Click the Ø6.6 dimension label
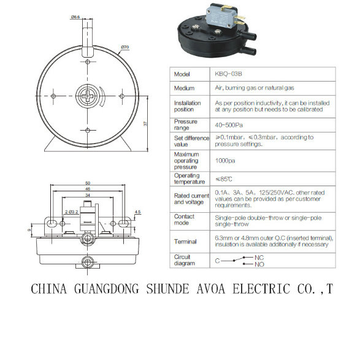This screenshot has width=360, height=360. tap(75, 17)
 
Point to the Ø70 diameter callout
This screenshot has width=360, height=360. tap(125, 47)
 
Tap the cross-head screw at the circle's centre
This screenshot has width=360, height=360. tap(88, 96)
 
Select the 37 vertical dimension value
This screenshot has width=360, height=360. tap(145, 123)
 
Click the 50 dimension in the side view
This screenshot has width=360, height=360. tap(88, 183)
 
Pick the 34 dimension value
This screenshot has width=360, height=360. tap(88, 195)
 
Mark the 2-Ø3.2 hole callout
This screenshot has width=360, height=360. tap(72, 212)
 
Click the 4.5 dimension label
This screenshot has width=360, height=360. tap(137, 212)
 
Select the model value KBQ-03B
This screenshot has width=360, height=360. tap(228, 74)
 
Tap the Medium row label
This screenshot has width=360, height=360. tap(184, 88)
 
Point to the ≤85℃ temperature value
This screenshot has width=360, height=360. tap(224, 179)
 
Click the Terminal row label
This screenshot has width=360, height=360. tap(185, 242)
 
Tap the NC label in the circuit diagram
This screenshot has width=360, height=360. tap(259, 258)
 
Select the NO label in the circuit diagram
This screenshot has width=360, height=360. tap(259, 264)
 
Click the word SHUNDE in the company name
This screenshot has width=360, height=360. tap(168, 289)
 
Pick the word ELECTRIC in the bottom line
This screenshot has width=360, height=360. tap(261, 289)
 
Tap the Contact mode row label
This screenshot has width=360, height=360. tap(184, 220)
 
